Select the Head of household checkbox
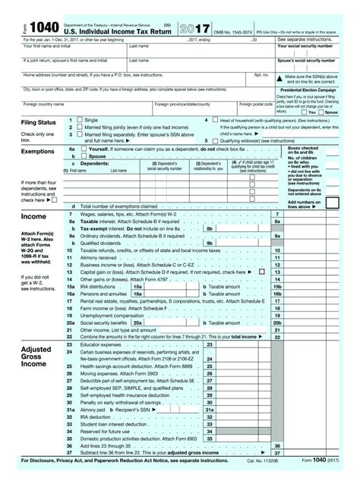[213, 120]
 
